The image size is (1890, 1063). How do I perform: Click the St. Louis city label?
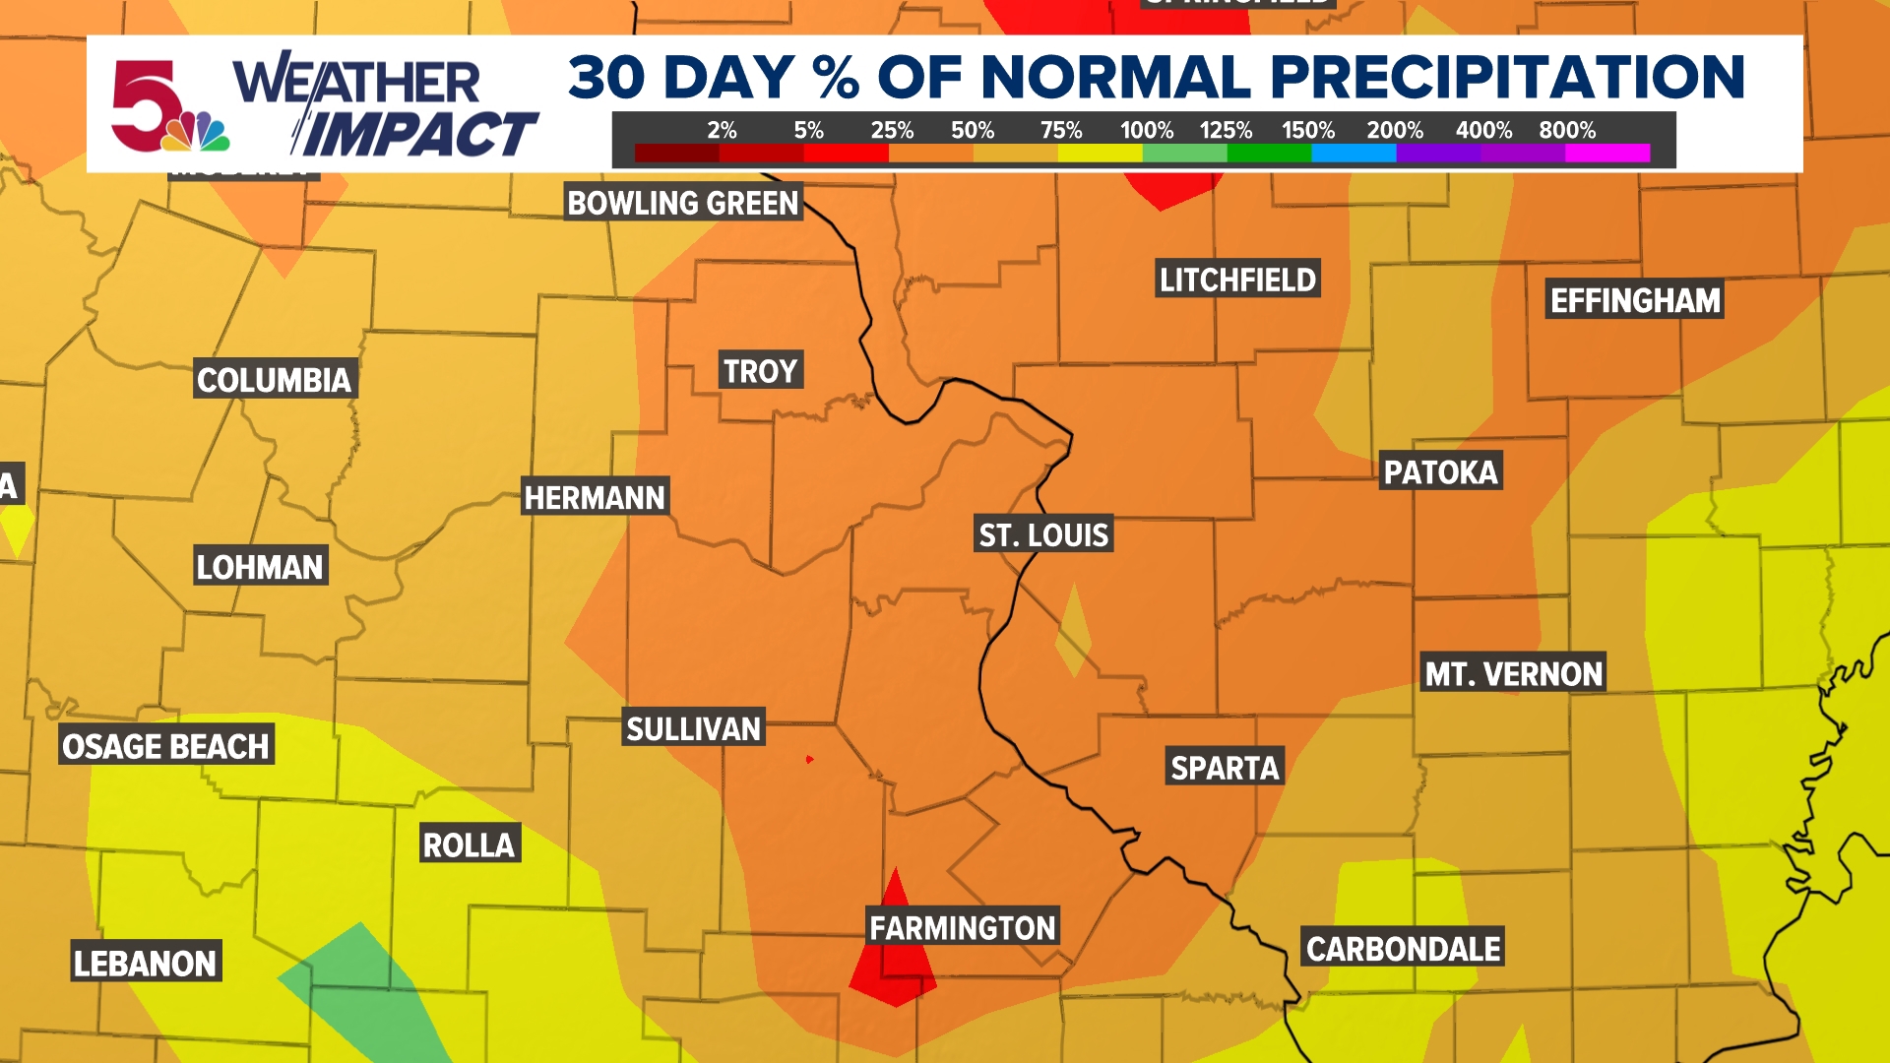[1043, 534]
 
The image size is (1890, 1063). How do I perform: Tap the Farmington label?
[962, 927]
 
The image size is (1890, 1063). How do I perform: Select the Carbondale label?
[1403, 948]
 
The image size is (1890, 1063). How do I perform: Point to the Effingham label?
[1635, 299]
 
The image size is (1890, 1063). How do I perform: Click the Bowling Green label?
[682, 203]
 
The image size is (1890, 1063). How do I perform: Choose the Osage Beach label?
[165, 746]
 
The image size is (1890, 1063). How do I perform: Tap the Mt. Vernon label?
[1513, 673]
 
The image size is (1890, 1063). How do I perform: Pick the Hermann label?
[595, 497]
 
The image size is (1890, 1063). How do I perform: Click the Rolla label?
[469, 844]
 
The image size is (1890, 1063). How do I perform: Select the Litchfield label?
[1236, 280]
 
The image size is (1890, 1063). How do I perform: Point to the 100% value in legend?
[1146, 130]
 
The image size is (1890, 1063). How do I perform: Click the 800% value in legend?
[1567, 130]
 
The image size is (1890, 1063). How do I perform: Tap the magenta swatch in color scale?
[1607, 153]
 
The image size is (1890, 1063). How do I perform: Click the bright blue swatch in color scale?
[1354, 153]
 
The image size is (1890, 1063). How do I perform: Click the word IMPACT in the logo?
[418, 136]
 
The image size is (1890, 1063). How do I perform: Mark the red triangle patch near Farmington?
[894, 960]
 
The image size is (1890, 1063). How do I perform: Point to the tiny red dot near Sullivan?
[809, 759]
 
